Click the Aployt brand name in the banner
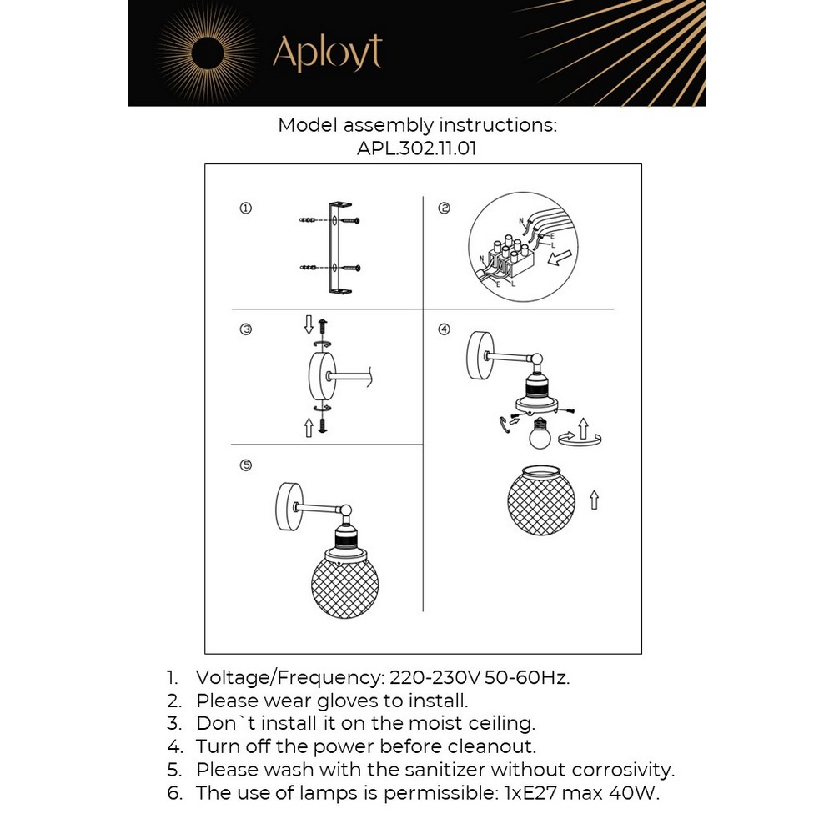pos(327,53)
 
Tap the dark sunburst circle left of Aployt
pos(207,55)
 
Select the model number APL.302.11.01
pos(416,148)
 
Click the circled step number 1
pos(245,208)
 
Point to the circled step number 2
pos(444,208)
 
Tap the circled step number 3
pos(245,329)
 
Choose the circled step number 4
pos(444,329)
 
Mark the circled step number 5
pos(245,465)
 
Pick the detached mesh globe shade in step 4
pos(541,500)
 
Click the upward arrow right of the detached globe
pos(594,500)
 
